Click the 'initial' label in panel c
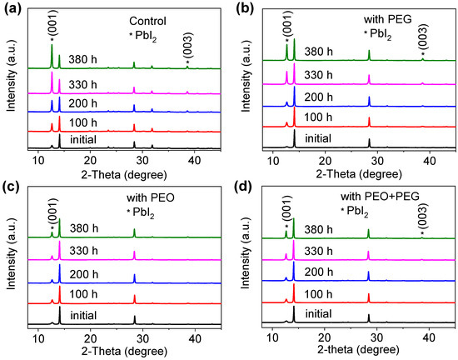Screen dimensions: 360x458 [89, 316]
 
